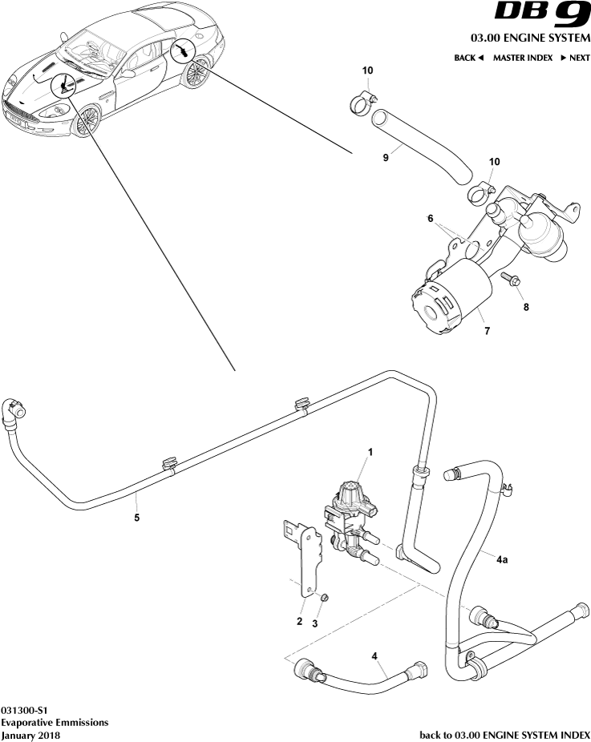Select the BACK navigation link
(469, 58)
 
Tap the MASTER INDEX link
(522, 58)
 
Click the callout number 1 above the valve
(370, 453)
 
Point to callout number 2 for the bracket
(299, 621)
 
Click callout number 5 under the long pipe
(136, 518)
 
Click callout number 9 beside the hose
(386, 158)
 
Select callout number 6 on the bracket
(430, 217)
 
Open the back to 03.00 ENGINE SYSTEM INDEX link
(505, 734)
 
